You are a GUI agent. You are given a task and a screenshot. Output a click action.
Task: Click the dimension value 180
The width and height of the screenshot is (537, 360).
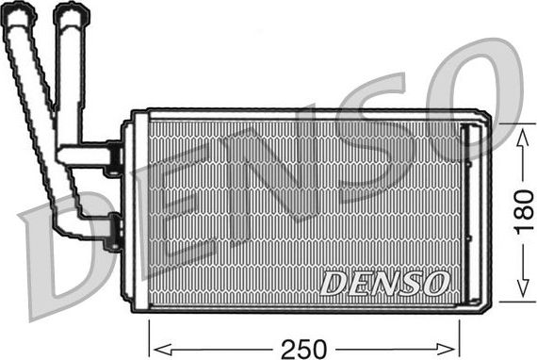(521, 209)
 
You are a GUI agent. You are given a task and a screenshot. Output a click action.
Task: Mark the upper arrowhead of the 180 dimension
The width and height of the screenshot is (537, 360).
(521, 131)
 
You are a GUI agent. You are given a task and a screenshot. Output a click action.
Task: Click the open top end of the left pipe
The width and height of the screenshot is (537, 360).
(19, 12)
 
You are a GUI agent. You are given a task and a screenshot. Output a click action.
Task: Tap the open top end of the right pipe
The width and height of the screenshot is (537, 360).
(68, 11)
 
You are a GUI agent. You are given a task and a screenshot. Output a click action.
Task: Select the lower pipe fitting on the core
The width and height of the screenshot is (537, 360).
(114, 226)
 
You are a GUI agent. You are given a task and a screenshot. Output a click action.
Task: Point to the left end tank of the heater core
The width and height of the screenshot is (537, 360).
(138, 212)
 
